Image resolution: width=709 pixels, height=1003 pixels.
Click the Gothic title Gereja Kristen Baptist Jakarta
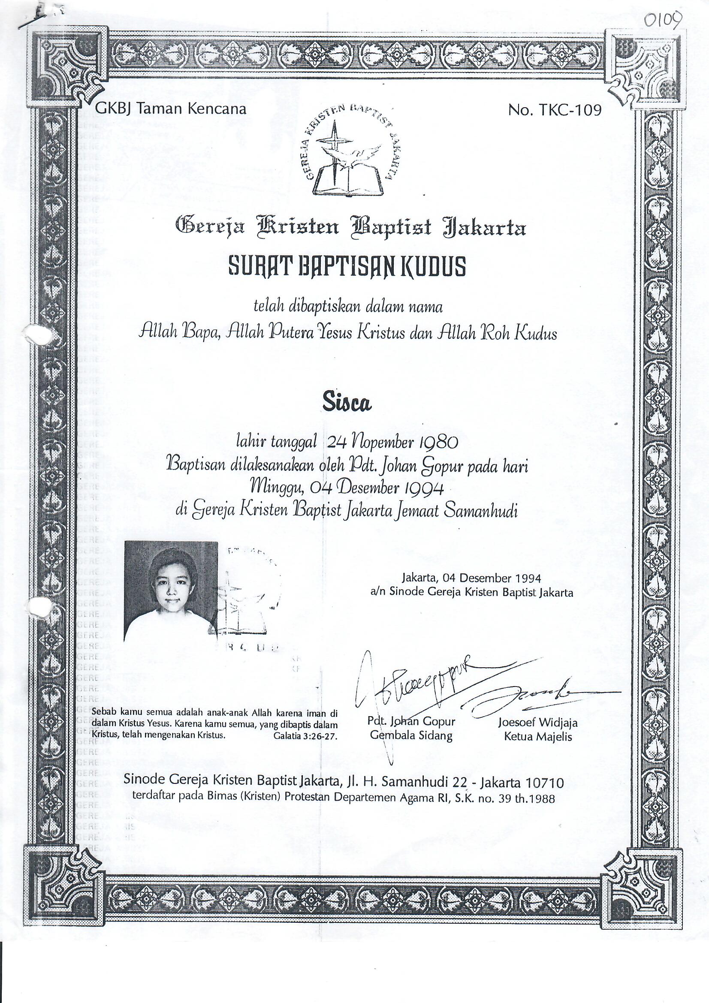[351, 228]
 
